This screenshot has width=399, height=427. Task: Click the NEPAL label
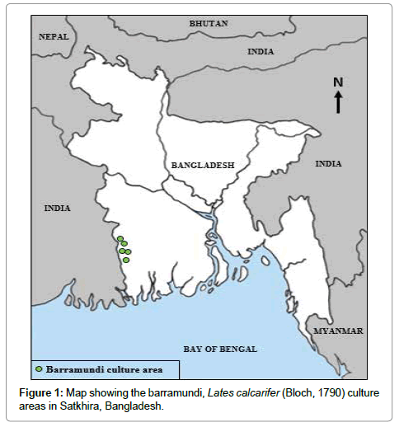click(54, 36)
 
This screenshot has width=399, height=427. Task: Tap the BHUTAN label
click(208, 23)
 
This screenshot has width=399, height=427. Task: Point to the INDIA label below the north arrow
click(328, 163)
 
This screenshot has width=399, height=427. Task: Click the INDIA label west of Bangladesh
click(58, 209)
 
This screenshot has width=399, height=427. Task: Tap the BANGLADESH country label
click(203, 165)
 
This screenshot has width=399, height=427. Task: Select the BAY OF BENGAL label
click(219, 349)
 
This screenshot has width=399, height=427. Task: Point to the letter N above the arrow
click(337, 82)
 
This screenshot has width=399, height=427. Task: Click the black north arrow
click(338, 102)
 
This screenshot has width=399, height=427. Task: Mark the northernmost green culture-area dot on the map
click(120, 239)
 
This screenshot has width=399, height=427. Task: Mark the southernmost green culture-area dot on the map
click(127, 260)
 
